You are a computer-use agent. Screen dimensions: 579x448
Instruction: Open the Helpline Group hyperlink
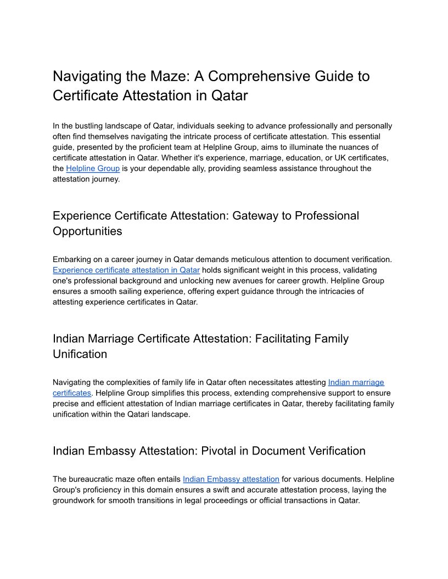point(93,168)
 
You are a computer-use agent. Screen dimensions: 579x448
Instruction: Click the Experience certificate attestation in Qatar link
point(126,270)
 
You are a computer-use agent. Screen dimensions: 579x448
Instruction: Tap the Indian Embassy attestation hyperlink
point(231,479)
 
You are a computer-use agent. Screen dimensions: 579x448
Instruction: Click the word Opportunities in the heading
point(87,231)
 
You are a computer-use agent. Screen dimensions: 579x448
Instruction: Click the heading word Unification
point(80,354)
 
